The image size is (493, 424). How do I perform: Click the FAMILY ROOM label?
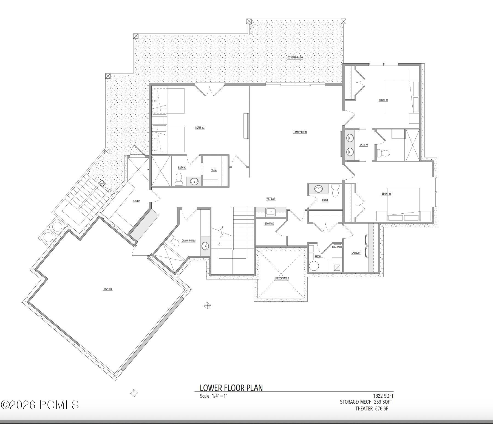coord(300,132)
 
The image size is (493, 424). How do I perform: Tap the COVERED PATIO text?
coord(295,58)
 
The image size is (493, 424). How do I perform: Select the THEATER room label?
coord(107,289)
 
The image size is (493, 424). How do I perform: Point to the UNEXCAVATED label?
coord(282,278)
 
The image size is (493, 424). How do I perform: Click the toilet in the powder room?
coord(335,191)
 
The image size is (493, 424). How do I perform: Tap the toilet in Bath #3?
coord(178,179)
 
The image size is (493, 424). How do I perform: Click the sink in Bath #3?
coord(194,181)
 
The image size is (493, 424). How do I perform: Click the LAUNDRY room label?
coord(356,253)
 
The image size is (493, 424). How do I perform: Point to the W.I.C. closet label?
coord(214,170)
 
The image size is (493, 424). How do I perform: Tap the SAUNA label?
coord(137,201)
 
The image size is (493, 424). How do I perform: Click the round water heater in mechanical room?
coord(314,266)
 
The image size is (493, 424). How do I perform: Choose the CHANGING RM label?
coord(188,241)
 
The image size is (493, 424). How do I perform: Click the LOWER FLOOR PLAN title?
coord(231,388)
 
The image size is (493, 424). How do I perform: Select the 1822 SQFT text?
coord(383,396)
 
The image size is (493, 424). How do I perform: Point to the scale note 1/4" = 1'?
coord(213,396)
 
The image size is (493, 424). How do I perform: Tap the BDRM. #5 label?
coord(386,194)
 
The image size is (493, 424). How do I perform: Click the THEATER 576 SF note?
coord(372,409)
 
